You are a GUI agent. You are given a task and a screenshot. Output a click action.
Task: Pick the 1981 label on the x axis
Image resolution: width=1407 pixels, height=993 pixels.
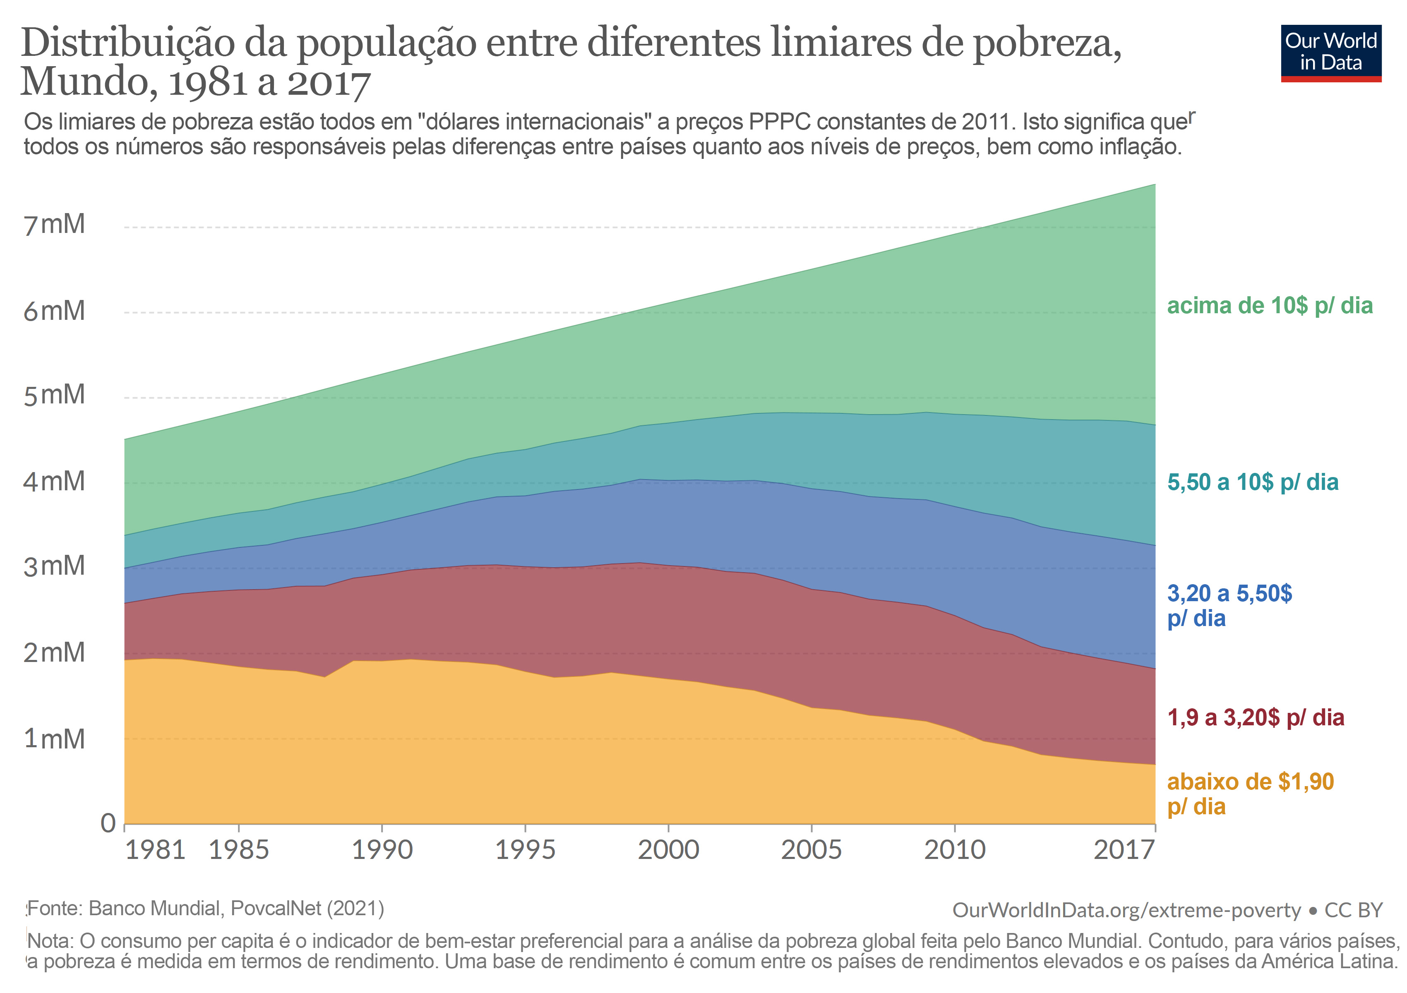pos(155,850)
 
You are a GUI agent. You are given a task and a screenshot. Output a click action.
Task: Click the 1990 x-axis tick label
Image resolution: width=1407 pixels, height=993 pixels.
pos(382,850)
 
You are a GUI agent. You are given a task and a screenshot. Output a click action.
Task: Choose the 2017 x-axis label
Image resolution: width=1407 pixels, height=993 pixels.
pos(1124,850)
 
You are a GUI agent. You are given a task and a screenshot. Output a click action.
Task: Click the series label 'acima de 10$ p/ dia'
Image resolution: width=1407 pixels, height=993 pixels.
pos(1269,306)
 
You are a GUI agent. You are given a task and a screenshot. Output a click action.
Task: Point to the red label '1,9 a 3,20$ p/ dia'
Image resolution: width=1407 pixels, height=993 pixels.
pos(1255,717)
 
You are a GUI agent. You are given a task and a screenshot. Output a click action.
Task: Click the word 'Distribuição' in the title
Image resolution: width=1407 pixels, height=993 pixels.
pos(128,44)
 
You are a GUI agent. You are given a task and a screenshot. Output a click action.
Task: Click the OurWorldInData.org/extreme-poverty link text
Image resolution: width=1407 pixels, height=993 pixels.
pos(1126,910)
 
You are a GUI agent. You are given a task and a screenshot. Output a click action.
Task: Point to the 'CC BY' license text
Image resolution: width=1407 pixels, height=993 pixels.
pos(1353,910)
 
